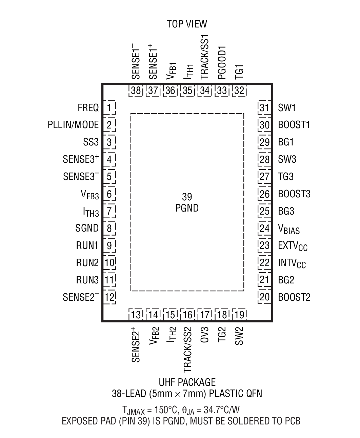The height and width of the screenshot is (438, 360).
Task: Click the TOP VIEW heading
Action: coord(187,24)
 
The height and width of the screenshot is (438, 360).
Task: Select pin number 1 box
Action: coord(109,108)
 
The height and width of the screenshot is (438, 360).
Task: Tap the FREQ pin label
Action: coord(88,108)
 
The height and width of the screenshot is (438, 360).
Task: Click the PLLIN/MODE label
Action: coord(73,125)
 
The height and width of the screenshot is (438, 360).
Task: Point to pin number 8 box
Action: coord(109,228)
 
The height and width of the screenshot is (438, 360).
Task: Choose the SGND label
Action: coord(87,228)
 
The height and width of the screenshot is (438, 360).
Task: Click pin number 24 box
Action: coord(264,228)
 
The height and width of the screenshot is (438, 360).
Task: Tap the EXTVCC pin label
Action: coord(293,246)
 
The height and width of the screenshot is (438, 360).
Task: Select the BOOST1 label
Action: coord(294,125)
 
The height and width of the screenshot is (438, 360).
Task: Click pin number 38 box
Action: coord(136,91)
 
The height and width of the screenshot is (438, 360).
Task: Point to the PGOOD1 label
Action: coord(222,62)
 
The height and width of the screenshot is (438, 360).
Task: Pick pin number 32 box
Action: coord(239,91)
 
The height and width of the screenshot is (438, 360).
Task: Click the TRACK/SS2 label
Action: coord(188,350)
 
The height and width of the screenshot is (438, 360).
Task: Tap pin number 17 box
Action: coord(205,315)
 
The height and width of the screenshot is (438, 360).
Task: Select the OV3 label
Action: coord(205,335)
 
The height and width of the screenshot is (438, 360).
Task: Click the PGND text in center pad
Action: coord(187,208)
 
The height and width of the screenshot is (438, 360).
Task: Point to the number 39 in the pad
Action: coord(187,197)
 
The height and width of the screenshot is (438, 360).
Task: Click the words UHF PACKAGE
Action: coord(187,382)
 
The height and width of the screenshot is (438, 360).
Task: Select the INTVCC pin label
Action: coord(292,263)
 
